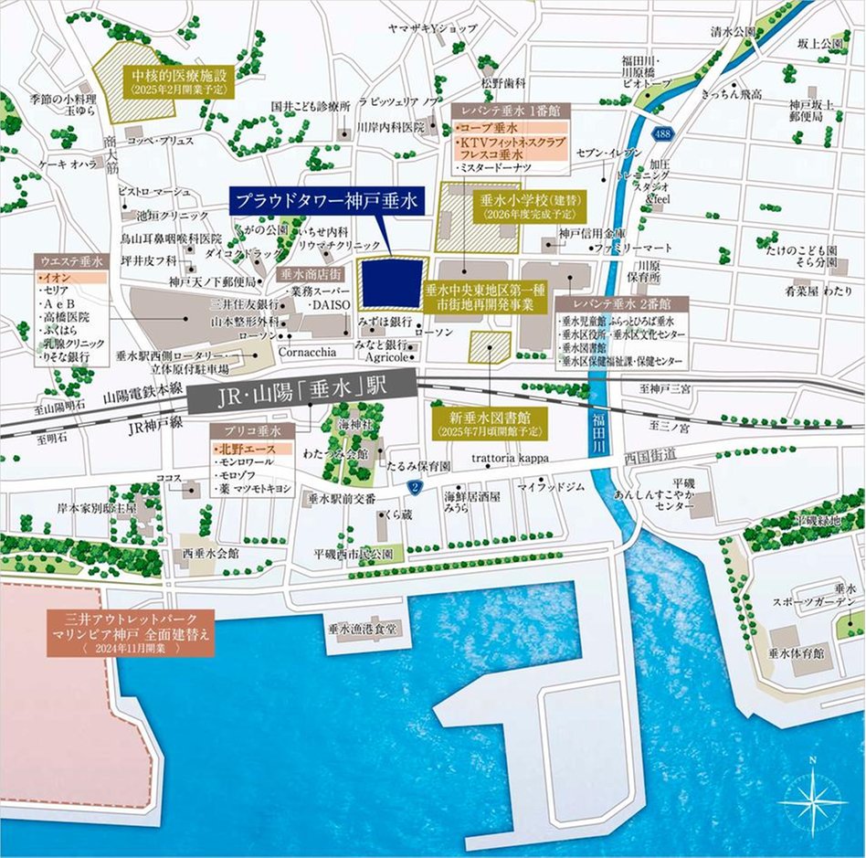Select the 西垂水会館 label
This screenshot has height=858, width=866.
pos(209,554)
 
